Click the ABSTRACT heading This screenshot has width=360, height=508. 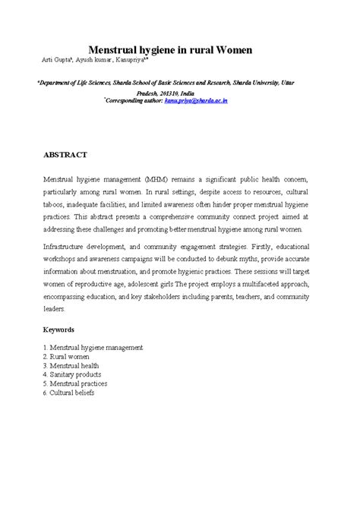(x=65, y=154)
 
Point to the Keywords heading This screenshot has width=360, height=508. (x=58, y=330)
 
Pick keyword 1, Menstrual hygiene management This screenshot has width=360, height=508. (x=93, y=347)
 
